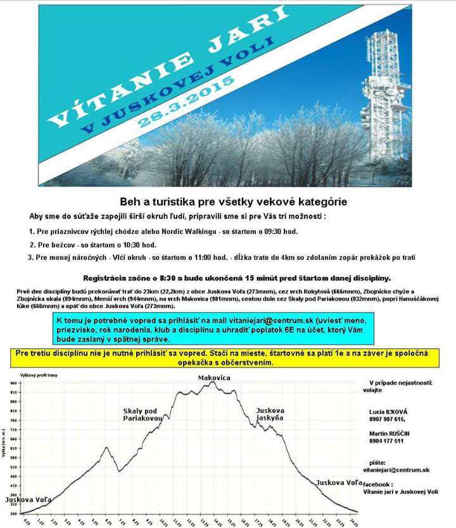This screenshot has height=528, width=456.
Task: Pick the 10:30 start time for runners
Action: [x=142, y=245]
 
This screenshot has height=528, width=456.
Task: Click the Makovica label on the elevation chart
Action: [x=213, y=378]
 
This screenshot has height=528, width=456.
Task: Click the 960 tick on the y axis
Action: [x=13, y=383]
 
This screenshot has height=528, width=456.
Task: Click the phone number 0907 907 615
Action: [x=387, y=419]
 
